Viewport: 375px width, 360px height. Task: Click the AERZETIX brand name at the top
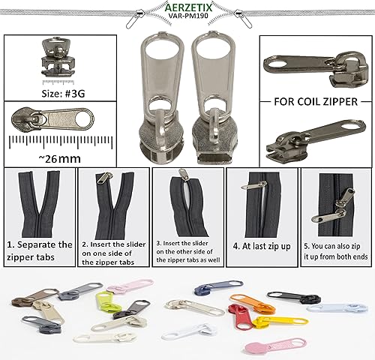pyautogui.click(x=188, y=7)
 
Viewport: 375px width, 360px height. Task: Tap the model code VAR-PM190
pyautogui.click(x=188, y=16)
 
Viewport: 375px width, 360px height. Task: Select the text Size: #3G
pyautogui.click(x=63, y=94)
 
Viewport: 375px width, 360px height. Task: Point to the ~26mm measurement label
pyautogui.click(x=60, y=159)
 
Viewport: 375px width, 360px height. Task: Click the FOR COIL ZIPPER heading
pyautogui.click(x=316, y=102)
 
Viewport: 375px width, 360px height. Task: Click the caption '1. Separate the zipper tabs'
pyautogui.click(x=40, y=250)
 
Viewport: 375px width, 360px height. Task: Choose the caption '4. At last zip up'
pyautogui.click(x=262, y=246)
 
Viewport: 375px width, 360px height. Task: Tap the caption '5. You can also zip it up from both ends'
pyautogui.click(x=336, y=251)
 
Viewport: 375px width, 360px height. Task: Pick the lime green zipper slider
pyautogui.click(x=107, y=301)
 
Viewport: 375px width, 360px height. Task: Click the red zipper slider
pyautogui.click(x=238, y=316)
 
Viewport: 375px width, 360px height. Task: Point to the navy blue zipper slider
pyautogui.click(x=218, y=287)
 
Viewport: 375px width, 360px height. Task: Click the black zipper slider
pyautogui.click(x=294, y=297)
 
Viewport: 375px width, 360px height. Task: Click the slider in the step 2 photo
pyautogui.click(x=105, y=178)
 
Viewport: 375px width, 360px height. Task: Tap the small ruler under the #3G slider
pyautogui.click(x=58, y=82)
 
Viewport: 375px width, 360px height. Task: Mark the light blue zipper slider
pyautogui.click(x=337, y=308)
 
